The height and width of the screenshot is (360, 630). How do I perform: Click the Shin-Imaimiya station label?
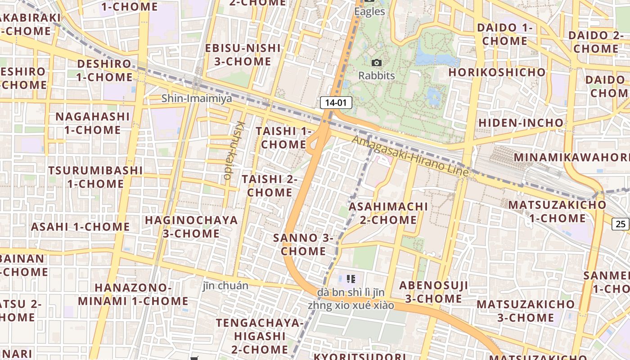[197, 98]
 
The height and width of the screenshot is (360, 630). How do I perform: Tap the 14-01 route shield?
[336, 103]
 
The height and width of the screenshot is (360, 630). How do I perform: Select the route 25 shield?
[621, 224]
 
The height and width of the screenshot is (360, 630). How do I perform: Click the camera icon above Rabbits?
[377, 63]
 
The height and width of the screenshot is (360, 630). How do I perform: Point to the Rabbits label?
[377, 76]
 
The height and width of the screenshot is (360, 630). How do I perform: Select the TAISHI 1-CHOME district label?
[283, 138]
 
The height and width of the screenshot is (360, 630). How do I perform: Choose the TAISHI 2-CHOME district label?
[270, 185]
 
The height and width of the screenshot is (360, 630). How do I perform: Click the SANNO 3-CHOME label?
[303, 244]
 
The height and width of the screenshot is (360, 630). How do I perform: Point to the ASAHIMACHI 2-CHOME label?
[388, 213]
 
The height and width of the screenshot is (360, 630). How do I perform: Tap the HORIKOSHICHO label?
[497, 72]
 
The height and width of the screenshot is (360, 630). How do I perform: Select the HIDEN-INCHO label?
[521, 122]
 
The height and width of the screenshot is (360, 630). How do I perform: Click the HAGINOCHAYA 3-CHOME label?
[191, 227]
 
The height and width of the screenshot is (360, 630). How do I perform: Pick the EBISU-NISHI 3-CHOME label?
[243, 54]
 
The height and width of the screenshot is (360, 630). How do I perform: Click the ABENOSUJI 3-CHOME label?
[433, 292]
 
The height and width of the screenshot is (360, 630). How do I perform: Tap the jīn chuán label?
[225, 286]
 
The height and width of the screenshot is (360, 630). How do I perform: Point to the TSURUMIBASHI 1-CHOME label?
[95, 177]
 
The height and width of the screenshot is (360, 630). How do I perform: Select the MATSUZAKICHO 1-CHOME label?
[557, 211]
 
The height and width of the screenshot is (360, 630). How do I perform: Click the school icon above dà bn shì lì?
[351, 279]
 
